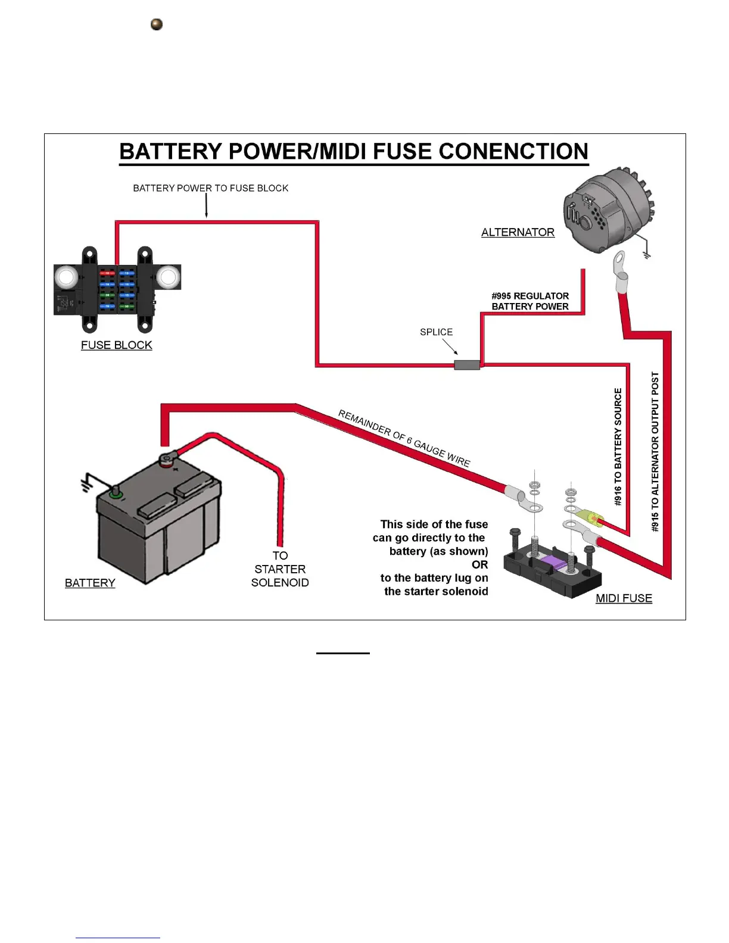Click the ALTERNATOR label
(518, 232)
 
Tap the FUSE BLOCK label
(116, 345)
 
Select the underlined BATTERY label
(90, 583)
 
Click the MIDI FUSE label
(624, 598)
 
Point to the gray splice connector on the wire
(467, 365)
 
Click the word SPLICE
(436, 332)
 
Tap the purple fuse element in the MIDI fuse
(553, 561)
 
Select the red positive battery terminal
(166, 460)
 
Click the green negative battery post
(116, 494)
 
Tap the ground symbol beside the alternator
(647, 254)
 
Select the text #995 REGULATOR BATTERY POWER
(530, 301)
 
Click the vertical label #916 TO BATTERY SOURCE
(618, 446)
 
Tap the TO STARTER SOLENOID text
(280, 569)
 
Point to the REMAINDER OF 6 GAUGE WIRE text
(404, 438)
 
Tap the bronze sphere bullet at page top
(157, 24)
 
